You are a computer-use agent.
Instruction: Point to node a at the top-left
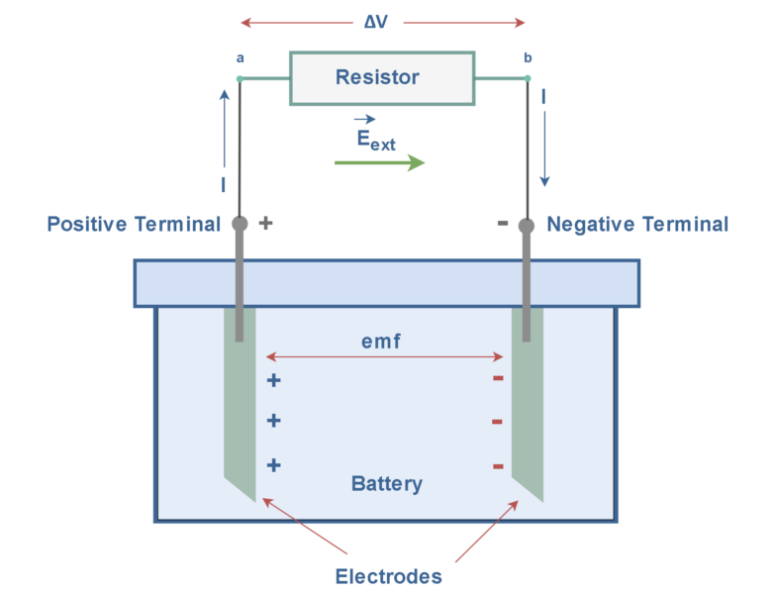(240, 78)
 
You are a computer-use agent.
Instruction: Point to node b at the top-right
(528, 78)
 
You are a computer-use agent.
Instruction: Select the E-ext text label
(374, 140)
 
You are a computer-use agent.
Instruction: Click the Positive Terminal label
(134, 225)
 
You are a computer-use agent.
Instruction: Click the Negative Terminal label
(637, 225)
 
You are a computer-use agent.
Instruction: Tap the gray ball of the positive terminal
(240, 225)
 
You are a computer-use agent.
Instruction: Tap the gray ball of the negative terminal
(527, 226)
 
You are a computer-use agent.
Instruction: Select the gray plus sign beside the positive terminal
(265, 224)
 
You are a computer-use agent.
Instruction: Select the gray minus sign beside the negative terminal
(503, 223)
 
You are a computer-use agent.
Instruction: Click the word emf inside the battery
(382, 342)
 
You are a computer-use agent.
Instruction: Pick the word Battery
(386, 484)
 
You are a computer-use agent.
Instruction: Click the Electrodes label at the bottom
(388, 575)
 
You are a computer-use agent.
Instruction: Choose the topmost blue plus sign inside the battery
(274, 379)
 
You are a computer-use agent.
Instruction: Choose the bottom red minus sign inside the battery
(498, 465)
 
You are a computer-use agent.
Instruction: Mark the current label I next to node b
(543, 97)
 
